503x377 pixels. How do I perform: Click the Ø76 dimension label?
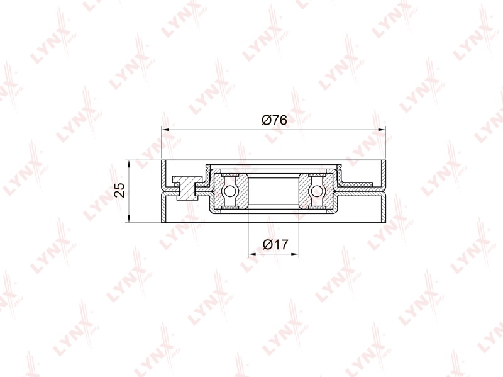[x=274, y=120]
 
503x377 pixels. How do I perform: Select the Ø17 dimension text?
[x=275, y=245]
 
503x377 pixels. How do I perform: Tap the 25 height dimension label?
[x=119, y=190]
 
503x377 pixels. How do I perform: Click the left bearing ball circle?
[x=229, y=191]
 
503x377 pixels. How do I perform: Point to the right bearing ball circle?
[x=316, y=191]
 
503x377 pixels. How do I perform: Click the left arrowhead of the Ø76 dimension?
[x=165, y=130]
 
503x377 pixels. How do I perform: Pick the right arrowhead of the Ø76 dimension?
[x=382, y=130]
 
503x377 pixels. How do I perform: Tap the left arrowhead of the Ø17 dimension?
[x=253, y=254]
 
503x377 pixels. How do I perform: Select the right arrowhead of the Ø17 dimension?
[x=295, y=254]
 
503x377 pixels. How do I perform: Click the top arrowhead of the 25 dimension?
[x=128, y=164]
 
